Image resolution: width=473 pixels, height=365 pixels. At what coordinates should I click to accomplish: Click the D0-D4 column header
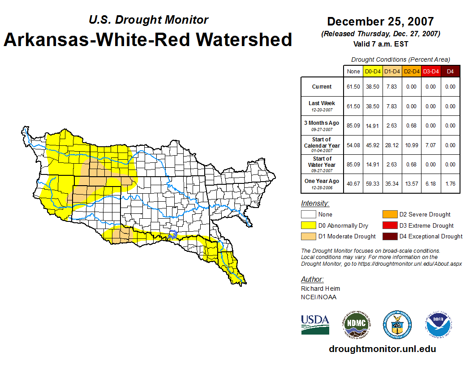pyautogui.click(x=373, y=71)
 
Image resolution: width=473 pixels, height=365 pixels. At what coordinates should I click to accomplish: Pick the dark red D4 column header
pyautogui.click(x=450, y=71)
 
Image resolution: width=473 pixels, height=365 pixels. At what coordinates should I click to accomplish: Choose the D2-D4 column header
pyautogui.click(x=411, y=71)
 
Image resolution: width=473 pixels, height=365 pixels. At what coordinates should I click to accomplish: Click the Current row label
pyautogui.click(x=322, y=87)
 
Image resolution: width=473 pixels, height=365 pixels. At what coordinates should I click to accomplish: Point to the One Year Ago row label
pyautogui.click(x=322, y=181)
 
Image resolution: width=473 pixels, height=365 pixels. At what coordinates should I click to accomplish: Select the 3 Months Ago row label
pyautogui.click(x=322, y=123)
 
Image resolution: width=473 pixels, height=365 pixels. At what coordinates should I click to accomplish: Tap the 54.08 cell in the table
pyautogui.click(x=353, y=145)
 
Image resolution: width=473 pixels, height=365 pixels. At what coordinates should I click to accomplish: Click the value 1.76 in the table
pyautogui.click(x=450, y=184)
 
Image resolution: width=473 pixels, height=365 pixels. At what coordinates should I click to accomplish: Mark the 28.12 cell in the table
pyautogui.click(x=392, y=145)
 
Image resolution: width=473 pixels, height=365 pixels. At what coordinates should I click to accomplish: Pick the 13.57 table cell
pyautogui.click(x=411, y=184)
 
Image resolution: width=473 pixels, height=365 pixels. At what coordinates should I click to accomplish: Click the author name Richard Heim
pyautogui.click(x=320, y=289)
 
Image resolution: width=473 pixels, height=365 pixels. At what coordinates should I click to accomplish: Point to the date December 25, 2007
pyautogui.click(x=380, y=21)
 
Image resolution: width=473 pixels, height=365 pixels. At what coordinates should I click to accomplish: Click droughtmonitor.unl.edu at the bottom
pyautogui.click(x=382, y=349)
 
